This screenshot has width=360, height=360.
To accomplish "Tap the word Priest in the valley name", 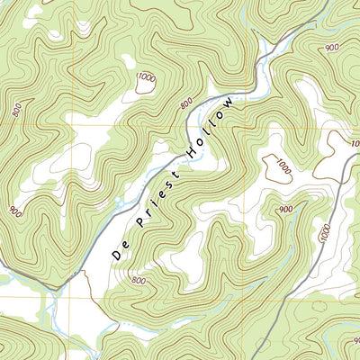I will point(158,198).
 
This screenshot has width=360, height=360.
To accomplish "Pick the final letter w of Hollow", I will point(234,101).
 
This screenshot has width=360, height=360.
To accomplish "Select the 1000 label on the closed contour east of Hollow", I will point(283,168).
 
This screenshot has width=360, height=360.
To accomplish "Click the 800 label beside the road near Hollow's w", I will point(186,105).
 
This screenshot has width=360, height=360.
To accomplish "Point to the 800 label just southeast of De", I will point(138,280).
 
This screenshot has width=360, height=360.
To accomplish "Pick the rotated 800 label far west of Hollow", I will point(16,110).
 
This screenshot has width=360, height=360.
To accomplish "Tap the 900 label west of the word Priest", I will point(15,211).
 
